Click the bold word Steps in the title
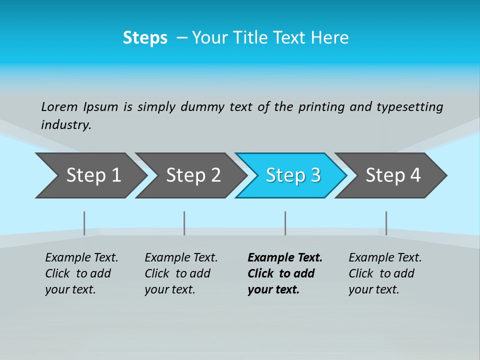point(145,38)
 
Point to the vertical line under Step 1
point(84,223)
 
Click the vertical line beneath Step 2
point(184,223)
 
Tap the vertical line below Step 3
point(285,223)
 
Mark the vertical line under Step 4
point(386,223)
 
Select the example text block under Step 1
point(81,273)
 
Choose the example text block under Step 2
point(181,273)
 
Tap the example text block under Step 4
point(385,273)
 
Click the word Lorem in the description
point(59,106)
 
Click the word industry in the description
point(65,125)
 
